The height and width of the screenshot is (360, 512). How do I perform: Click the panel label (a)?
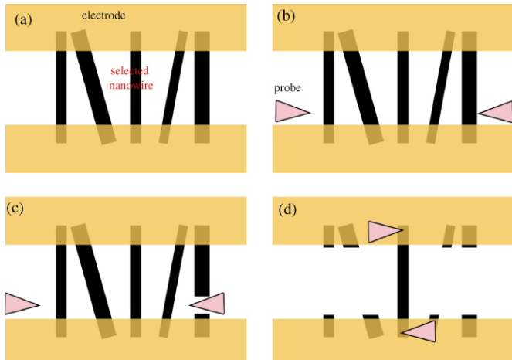point(23,20)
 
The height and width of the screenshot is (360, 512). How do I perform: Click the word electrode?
point(104,15)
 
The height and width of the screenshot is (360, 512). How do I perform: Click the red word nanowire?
point(131,83)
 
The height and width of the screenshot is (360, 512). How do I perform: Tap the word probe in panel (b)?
point(287,88)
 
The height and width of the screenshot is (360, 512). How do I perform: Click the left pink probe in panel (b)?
point(290,112)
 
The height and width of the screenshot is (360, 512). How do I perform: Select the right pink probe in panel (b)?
point(497,113)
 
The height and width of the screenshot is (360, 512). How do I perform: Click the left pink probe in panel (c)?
point(20,304)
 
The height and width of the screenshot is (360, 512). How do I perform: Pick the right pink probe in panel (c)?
point(209,304)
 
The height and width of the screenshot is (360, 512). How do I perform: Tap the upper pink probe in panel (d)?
point(384,231)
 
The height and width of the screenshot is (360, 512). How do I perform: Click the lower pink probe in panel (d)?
point(419,332)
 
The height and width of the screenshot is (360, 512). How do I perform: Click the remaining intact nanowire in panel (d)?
point(402,278)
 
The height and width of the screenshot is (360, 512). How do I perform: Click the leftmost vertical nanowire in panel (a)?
point(62,87)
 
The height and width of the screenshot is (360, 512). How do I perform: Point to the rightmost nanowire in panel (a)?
point(202,87)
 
